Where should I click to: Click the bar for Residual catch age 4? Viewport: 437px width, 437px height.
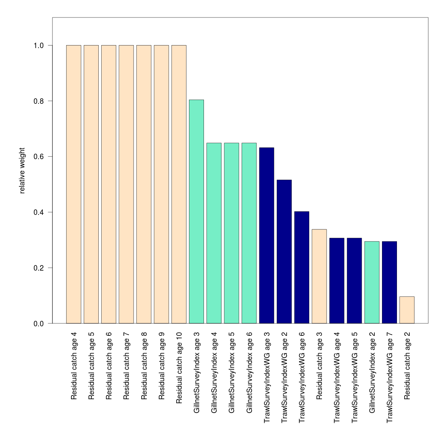(74, 184)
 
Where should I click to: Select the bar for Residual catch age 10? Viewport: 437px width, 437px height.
(179, 184)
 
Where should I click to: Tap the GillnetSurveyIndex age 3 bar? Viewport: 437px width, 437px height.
(196, 212)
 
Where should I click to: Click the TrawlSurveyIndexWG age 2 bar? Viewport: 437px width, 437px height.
(284, 252)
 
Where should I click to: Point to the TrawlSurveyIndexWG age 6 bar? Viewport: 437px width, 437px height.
(302, 267)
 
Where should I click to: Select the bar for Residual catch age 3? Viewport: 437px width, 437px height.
(319, 276)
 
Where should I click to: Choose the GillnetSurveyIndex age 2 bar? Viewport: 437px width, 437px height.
(372, 282)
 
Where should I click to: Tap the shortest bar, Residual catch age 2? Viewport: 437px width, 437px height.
(407, 310)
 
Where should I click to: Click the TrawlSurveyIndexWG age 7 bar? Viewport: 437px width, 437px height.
(389, 282)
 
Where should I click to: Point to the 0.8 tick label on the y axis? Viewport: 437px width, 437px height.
(38, 101)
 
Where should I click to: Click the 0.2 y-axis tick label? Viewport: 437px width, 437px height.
(38, 268)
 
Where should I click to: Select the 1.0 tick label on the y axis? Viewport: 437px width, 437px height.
(38, 46)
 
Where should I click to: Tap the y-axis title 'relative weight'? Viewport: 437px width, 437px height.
(22, 170)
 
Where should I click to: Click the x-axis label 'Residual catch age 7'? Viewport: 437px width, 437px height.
(126, 366)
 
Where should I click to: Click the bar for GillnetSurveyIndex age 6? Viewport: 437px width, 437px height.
(249, 233)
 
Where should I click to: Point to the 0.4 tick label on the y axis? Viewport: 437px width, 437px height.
(38, 212)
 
